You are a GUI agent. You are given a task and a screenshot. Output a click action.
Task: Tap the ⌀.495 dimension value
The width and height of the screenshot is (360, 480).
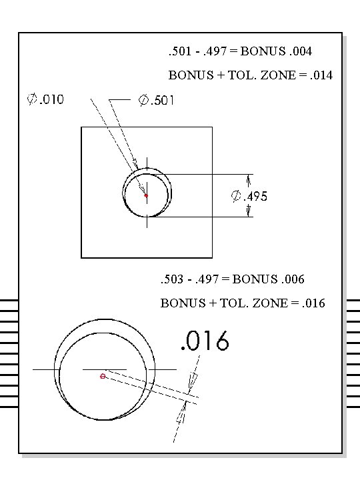pos(249,197)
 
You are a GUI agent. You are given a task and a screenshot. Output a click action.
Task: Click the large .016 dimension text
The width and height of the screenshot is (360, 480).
pos(205,341)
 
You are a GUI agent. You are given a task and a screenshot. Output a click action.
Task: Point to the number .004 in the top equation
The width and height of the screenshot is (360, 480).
pos(299,51)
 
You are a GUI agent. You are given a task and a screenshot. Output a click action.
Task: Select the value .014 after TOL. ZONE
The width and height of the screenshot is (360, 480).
pos(319,75)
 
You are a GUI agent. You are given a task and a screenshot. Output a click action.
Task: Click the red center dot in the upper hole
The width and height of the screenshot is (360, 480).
pos(146,195)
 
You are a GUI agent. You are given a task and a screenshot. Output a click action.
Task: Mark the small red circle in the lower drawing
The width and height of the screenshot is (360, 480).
pos(103,377)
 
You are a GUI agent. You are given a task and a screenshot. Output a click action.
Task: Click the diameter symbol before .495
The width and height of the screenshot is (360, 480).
pos(235,197)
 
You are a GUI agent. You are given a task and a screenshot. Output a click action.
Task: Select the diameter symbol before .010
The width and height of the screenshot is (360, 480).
pos(31,100)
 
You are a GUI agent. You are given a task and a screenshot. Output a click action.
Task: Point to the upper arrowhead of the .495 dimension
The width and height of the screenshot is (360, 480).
pos(249,179)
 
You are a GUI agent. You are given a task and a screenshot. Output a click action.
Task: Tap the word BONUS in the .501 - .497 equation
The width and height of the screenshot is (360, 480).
pos(261,51)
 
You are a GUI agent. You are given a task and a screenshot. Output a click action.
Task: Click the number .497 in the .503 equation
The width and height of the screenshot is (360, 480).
pos(209,279)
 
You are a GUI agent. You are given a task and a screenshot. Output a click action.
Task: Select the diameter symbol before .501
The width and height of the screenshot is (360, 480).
pos(143,100)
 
